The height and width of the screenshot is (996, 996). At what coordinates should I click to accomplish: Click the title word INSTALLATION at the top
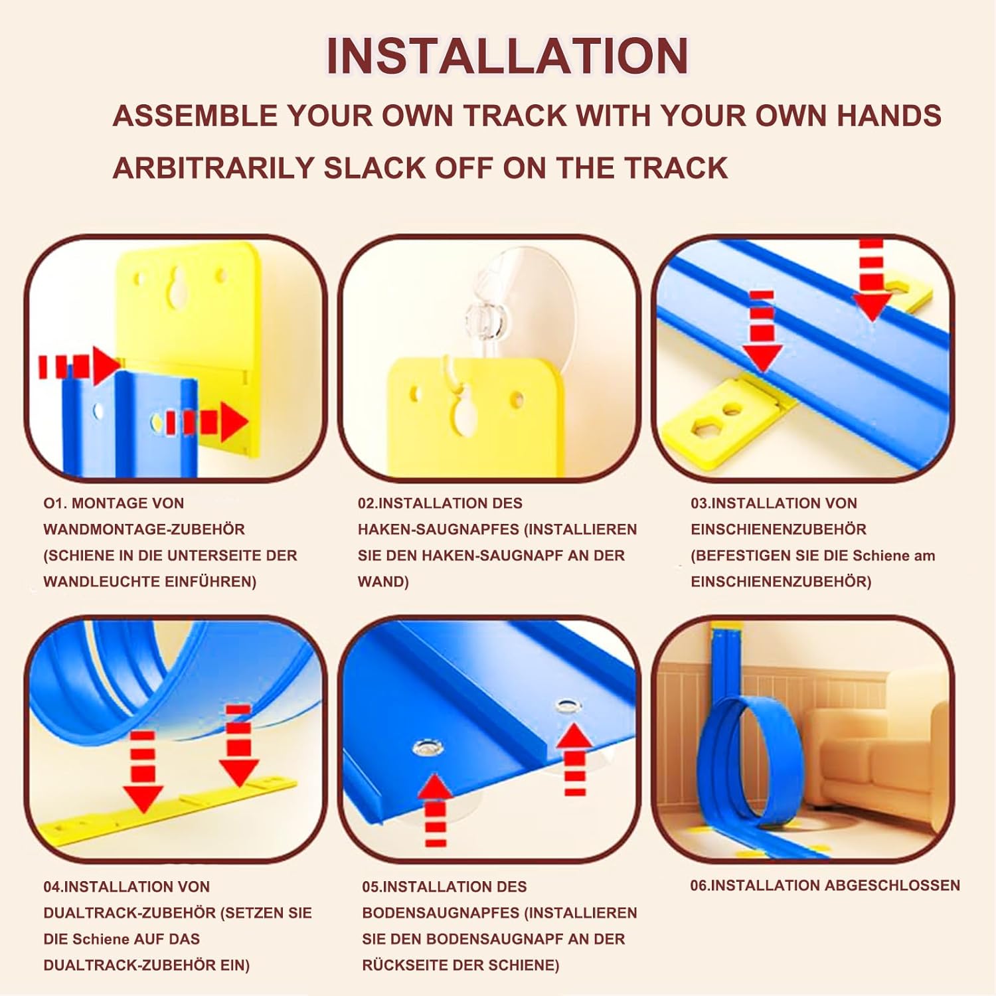507,56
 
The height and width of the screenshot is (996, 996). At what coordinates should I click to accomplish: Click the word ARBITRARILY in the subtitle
213,168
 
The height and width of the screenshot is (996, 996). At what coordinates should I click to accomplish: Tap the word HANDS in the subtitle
888,116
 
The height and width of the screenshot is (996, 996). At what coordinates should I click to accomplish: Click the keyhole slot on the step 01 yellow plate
178,288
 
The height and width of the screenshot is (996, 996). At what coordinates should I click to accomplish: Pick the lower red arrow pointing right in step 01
207,422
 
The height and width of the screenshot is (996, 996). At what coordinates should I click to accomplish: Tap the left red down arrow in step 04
143,772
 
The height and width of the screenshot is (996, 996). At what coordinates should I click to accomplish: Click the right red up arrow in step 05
575,758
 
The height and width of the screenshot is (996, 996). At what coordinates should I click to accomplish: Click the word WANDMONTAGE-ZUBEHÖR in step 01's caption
144,529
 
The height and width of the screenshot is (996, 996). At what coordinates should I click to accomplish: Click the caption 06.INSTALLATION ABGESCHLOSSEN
825,885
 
